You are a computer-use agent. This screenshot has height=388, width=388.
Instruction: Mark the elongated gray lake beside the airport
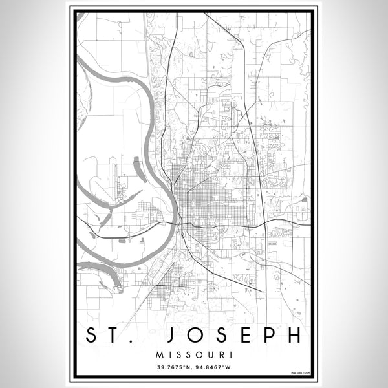(139, 169)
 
